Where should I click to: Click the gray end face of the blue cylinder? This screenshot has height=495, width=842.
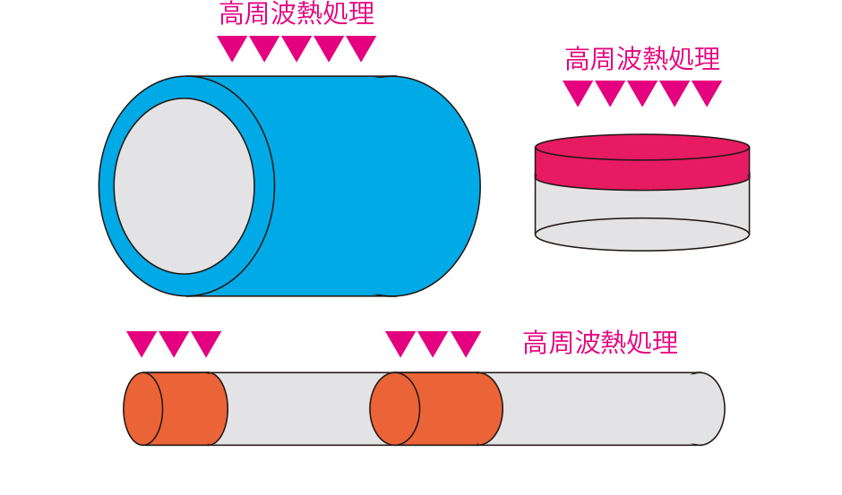184,186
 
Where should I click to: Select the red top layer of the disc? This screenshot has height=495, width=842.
641,162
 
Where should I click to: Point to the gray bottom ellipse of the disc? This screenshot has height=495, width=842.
641,235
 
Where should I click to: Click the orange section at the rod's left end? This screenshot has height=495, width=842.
176,408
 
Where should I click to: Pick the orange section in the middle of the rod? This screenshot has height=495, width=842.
436,408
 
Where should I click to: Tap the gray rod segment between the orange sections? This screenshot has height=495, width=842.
298,408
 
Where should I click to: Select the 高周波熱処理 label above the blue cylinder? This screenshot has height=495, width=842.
297,13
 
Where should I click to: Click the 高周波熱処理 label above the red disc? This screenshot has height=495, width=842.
642,58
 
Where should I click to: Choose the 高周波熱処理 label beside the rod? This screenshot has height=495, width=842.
600,343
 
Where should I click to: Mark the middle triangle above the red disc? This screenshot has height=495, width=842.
642,93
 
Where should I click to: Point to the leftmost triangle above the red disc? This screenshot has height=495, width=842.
578,93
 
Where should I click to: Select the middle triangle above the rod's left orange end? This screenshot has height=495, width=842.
174,344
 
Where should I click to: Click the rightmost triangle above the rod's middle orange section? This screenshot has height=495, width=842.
466,344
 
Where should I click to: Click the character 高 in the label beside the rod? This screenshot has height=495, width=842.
536,343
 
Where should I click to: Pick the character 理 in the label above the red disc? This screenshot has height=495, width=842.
707,58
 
